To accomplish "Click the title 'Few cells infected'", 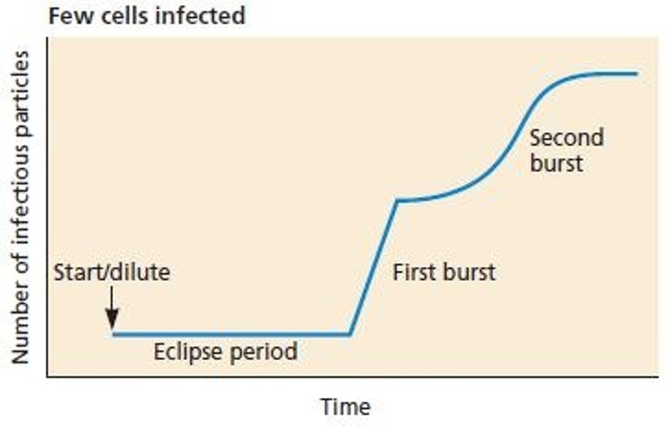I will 147,16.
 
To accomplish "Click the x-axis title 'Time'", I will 346,407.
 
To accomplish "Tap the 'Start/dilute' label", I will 112,272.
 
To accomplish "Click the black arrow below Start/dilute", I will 112,308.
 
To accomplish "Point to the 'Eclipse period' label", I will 225,352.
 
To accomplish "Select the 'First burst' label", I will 444,272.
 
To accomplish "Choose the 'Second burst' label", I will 566,150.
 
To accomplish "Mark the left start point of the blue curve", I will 114,334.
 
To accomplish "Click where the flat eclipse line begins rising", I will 350,334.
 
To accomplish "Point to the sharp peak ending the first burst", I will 397,200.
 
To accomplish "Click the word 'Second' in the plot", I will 566,138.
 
